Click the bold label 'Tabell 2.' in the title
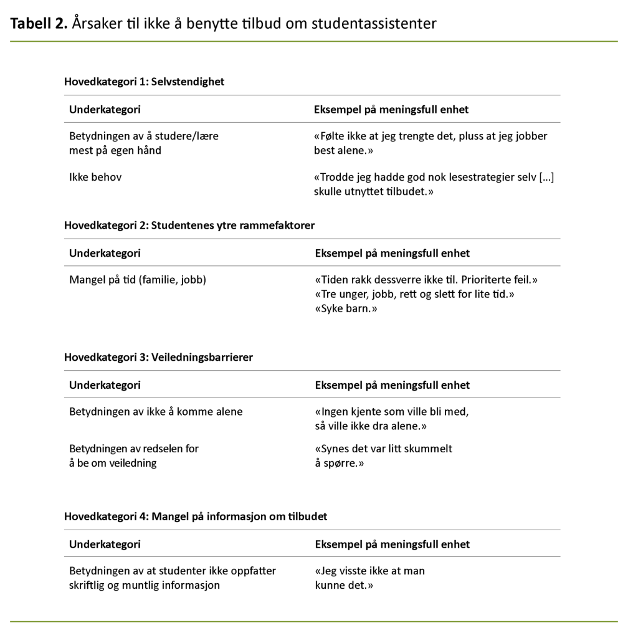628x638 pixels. tap(38, 24)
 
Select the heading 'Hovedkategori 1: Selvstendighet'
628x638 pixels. tap(144, 82)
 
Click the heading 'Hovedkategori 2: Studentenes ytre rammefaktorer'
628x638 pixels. tap(189, 225)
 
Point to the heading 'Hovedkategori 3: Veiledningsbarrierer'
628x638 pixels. tap(158, 357)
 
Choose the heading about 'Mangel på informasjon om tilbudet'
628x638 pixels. tap(196, 517)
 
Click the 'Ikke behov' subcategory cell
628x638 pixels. tap(95, 178)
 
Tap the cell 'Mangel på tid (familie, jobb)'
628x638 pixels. tap(138, 280)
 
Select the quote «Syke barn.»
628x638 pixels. tap(346, 308)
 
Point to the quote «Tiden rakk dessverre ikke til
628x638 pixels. tap(426, 280)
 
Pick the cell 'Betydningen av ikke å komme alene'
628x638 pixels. tap(156, 412)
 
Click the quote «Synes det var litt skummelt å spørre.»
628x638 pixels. tap(384, 456)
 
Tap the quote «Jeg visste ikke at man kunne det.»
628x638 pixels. tap(370, 578)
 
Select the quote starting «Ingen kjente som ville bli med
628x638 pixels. tap(391, 419)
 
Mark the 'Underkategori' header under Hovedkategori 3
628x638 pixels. tap(105, 385)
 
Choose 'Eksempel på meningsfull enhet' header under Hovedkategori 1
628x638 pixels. tap(391, 110)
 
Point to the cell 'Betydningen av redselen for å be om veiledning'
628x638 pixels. tap(134, 456)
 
